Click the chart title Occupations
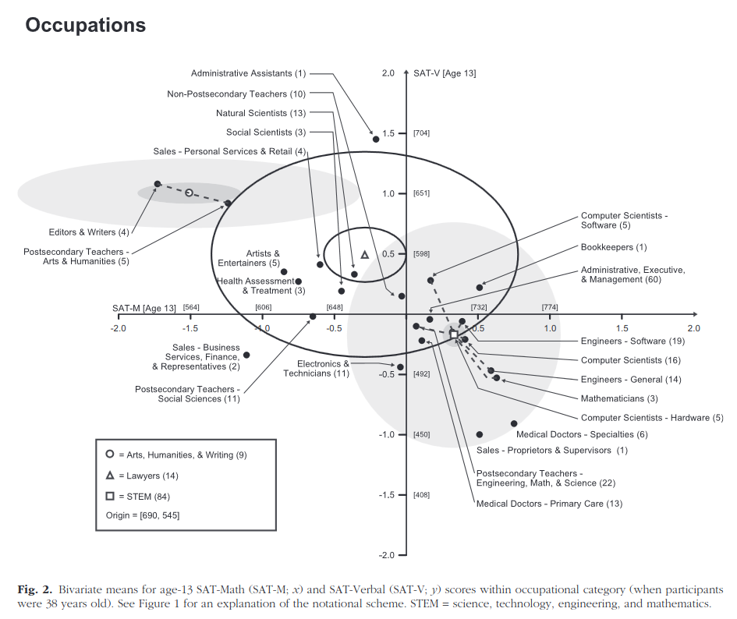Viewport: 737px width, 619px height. [x=86, y=26]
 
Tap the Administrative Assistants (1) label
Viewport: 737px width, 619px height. [x=248, y=73]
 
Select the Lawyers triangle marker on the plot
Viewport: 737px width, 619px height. [x=365, y=255]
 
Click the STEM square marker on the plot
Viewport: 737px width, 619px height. [x=454, y=334]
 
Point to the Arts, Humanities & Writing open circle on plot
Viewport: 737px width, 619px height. [x=189, y=193]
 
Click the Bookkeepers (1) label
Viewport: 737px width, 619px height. [x=614, y=247]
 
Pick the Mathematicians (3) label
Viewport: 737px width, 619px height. [x=619, y=398]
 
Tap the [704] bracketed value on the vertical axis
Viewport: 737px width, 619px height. [x=422, y=133]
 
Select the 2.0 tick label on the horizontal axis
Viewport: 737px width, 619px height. [x=694, y=328]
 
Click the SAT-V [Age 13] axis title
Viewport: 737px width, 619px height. [x=445, y=73]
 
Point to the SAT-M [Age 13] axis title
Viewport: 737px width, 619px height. [x=144, y=308]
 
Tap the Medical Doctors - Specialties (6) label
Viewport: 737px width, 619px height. [x=582, y=434]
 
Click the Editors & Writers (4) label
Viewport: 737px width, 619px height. [x=89, y=232]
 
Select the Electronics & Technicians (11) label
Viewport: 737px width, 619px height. [x=317, y=369]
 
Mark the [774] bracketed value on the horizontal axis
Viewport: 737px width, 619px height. [x=550, y=307]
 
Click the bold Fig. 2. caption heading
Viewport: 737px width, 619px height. [x=34, y=590]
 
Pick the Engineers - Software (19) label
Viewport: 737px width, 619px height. [x=632, y=341]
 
